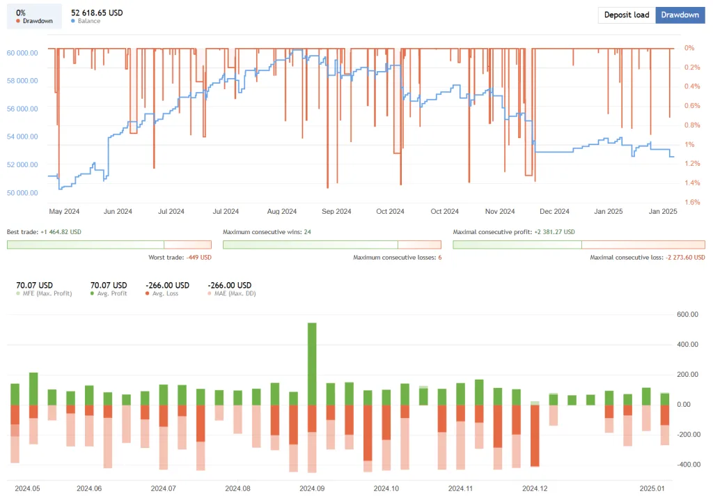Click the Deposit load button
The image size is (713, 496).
(627, 15)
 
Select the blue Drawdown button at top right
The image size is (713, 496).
(680, 15)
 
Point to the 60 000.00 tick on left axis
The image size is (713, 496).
(22, 53)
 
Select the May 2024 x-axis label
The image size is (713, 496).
(64, 211)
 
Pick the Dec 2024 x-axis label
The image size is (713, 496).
(554, 211)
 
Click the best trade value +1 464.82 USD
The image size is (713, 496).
(61, 231)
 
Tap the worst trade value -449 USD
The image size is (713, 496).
(198, 257)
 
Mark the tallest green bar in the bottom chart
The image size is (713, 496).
(312, 362)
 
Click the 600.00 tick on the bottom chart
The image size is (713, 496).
(689, 315)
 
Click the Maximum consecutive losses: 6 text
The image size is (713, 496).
(397, 257)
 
